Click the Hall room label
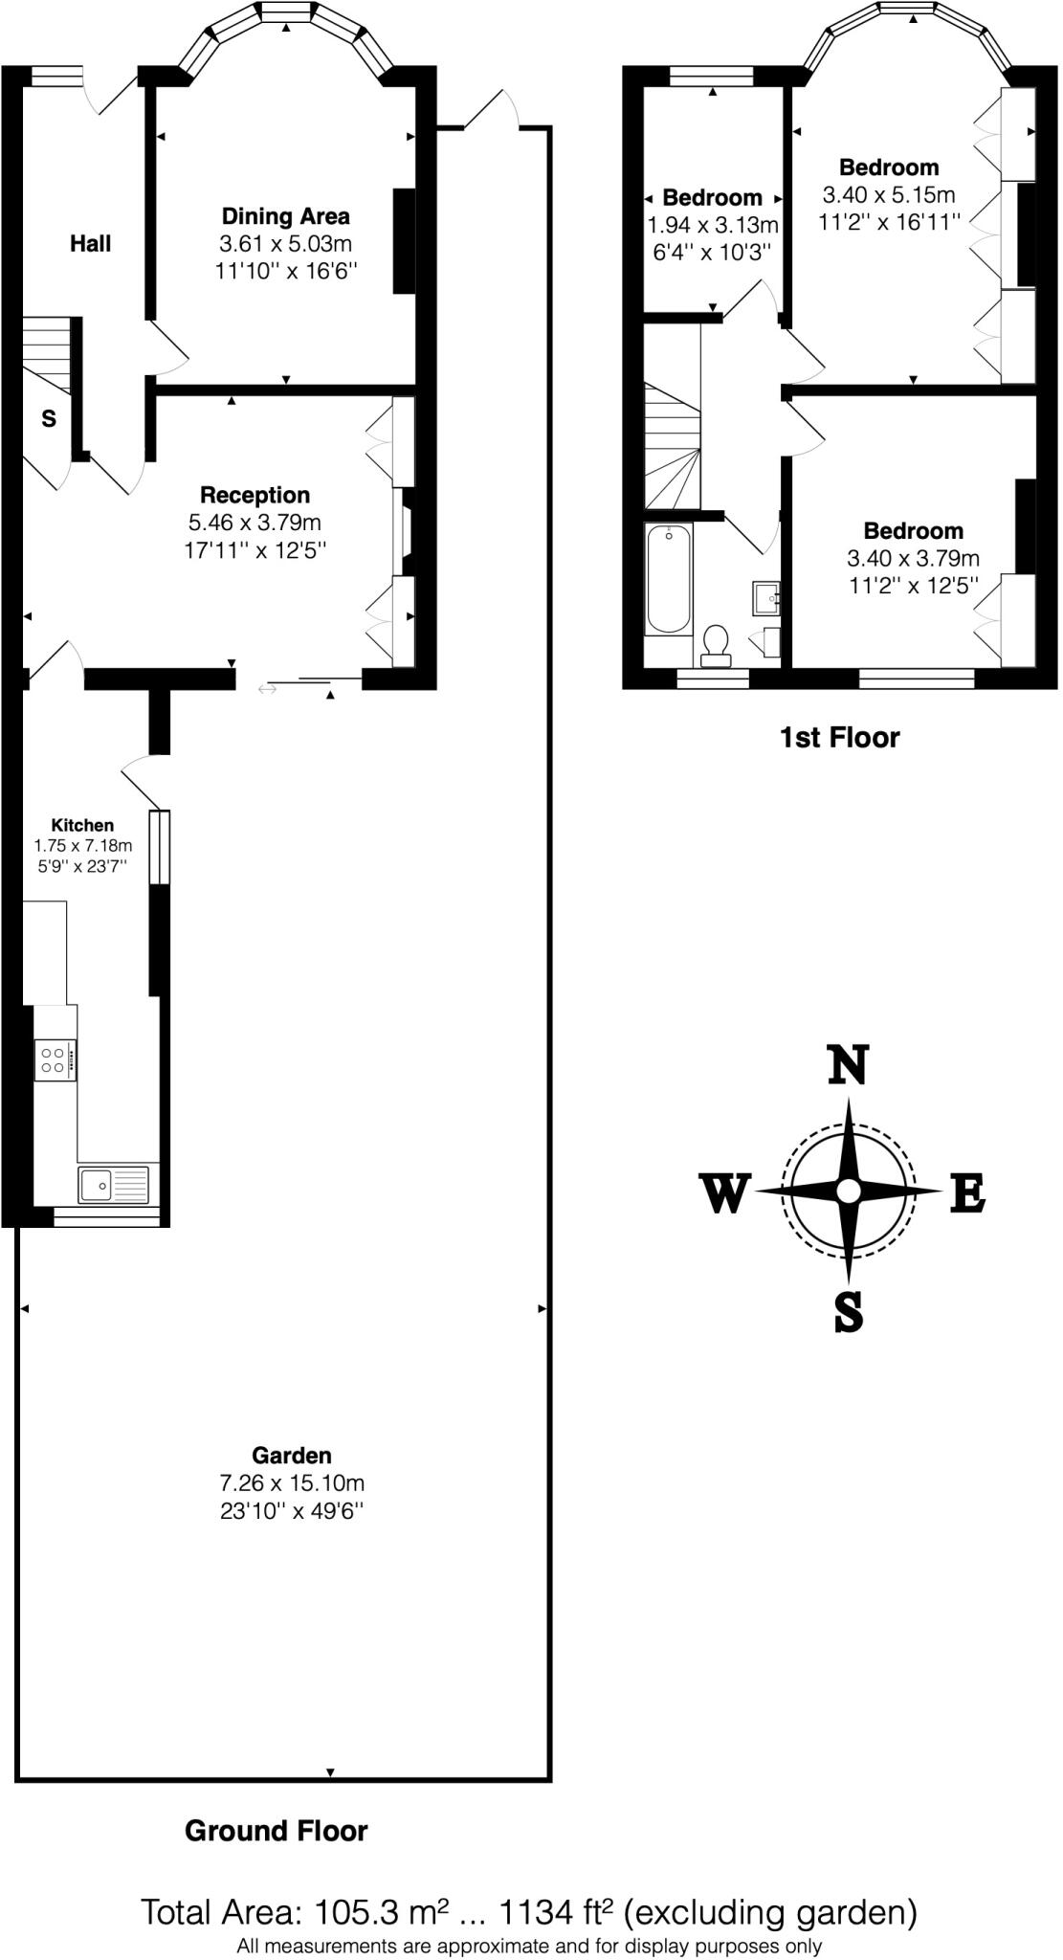coord(90,243)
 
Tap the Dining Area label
coord(285,216)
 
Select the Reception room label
coord(255,495)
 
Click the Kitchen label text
coord(82,825)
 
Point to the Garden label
coord(291,1456)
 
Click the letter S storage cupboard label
coord(48,419)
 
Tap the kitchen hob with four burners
coord(53,1059)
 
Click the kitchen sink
coord(114,1185)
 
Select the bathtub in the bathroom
coord(670,579)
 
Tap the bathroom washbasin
coord(766,598)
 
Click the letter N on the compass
coord(848,1065)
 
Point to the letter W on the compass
coord(724,1193)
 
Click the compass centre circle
coord(848,1192)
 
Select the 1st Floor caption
coord(839,738)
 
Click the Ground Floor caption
coord(276,1831)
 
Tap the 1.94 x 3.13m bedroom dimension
coord(713,226)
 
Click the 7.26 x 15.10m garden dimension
coord(291,1483)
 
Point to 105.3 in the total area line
coord(343,1912)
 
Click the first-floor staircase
coord(672,447)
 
